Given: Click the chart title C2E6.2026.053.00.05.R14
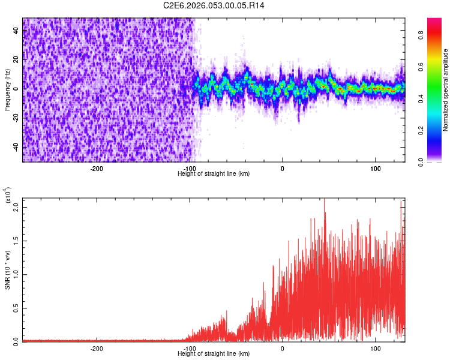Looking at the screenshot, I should [x=214, y=5].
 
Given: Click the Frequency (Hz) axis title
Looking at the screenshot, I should [x=7, y=90].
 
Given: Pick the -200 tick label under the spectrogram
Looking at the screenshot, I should [x=97, y=169].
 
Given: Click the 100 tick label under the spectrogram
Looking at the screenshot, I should [x=375, y=169].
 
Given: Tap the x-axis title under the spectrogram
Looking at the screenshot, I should [x=214, y=174].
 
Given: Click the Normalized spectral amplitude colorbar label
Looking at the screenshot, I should [x=446, y=90].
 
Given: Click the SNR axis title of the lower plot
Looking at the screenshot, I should [x=7, y=270].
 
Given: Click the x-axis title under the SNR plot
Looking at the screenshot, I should [x=214, y=354].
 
